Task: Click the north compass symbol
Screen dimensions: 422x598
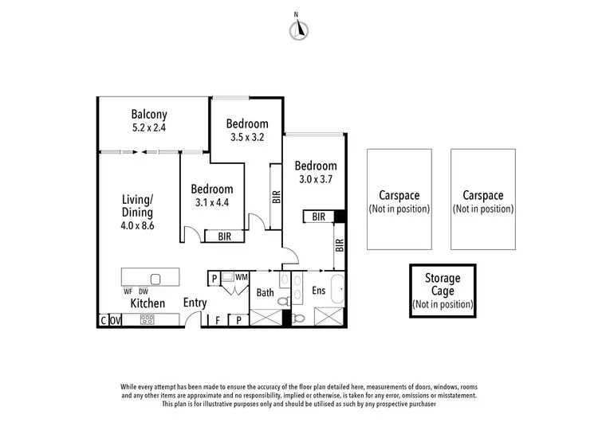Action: point(299,29)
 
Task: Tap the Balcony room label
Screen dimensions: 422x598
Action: point(149,114)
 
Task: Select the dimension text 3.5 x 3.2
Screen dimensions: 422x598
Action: point(246,136)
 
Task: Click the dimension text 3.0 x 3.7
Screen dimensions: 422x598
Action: point(315,179)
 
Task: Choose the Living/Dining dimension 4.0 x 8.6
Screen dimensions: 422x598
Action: point(137,226)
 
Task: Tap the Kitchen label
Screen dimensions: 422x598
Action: point(148,303)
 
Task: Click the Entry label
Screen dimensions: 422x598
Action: point(195,303)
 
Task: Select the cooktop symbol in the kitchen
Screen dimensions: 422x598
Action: point(148,320)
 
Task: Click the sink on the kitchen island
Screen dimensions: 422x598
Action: point(155,279)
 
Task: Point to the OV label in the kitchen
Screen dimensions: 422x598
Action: point(115,321)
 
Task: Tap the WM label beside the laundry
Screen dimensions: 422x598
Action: point(241,277)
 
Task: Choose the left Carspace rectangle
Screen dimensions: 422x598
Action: point(399,199)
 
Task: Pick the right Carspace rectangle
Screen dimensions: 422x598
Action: point(483,199)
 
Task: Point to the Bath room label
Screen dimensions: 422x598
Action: point(265,293)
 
